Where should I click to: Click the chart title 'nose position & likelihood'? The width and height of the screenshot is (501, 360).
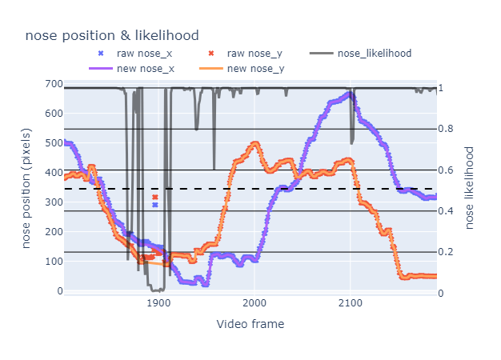point(112,35)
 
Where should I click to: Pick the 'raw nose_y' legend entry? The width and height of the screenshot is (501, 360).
point(252,54)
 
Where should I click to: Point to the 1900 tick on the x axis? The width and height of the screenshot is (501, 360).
point(159,304)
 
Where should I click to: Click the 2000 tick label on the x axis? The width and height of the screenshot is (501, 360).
point(255,304)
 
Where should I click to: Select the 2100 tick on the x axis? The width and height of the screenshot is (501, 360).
point(350,304)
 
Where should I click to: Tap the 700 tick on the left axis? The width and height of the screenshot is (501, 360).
point(54,84)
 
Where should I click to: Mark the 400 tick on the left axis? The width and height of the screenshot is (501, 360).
point(54,173)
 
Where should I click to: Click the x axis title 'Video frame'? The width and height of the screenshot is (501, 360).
point(250,325)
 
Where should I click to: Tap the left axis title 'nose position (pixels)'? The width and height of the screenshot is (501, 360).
point(27,189)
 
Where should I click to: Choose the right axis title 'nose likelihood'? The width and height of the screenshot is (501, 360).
point(471,187)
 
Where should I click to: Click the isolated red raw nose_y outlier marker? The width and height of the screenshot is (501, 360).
point(154,197)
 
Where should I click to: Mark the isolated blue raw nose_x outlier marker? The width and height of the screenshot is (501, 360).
point(154,205)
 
